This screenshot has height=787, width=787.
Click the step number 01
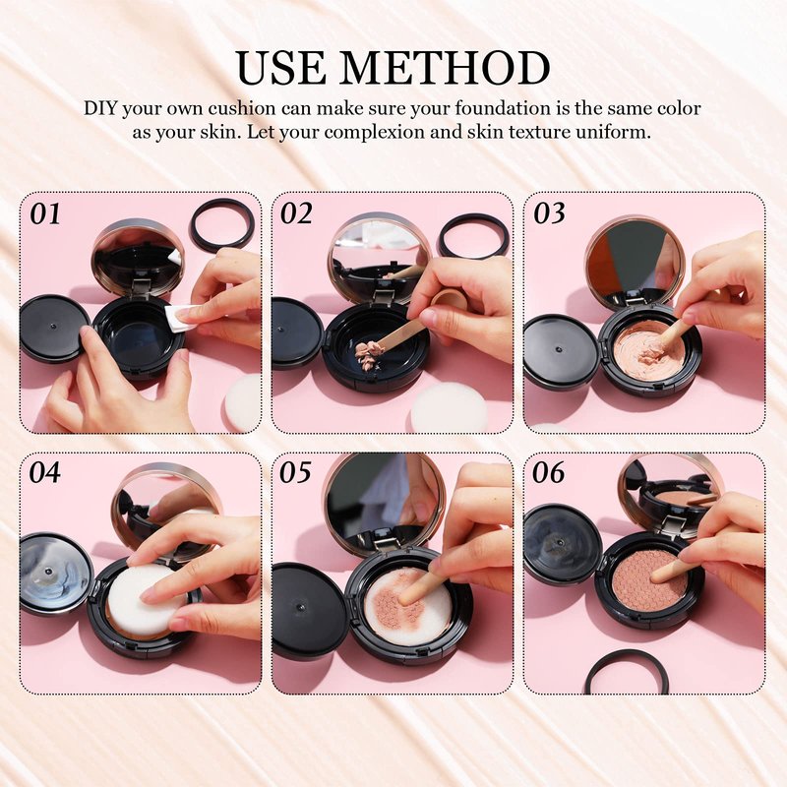[x=45, y=214]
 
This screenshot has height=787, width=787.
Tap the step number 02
[x=296, y=214]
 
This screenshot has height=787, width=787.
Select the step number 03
[x=549, y=214]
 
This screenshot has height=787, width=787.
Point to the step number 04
[x=44, y=473]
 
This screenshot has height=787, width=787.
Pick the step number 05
[x=295, y=473]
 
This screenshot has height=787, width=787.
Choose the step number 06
[x=549, y=473]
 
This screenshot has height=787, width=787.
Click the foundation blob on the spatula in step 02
[x=369, y=352]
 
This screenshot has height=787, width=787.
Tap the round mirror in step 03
[x=636, y=265]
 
